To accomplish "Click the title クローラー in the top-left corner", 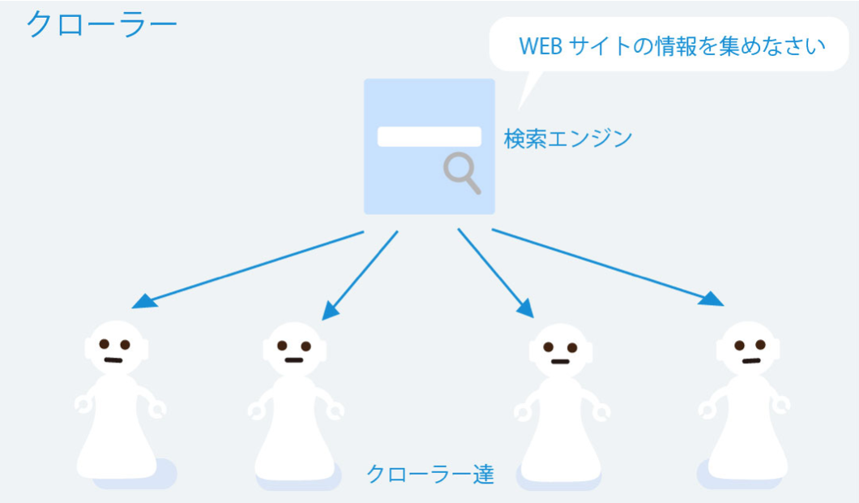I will (101, 24).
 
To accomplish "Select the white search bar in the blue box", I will (429, 136).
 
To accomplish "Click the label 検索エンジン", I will (568, 139).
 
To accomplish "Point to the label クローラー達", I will (430, 473).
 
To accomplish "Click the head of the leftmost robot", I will (115, 347).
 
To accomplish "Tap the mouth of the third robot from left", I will (560, 361).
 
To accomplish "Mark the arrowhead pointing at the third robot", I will (525, 309).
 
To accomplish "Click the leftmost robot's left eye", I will (105, 344).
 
